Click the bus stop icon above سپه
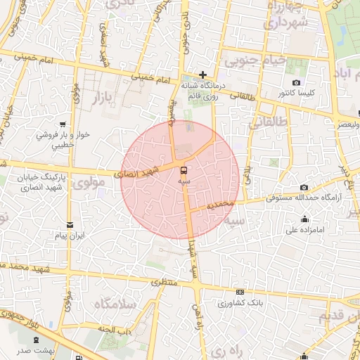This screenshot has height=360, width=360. click(184, 170)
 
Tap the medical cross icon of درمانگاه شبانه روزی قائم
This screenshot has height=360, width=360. click(202, 75)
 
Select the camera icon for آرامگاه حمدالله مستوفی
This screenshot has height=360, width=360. click(304, 187)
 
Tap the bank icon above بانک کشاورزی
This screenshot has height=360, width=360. click(240, 292)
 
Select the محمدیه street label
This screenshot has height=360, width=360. click(221, 205)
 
